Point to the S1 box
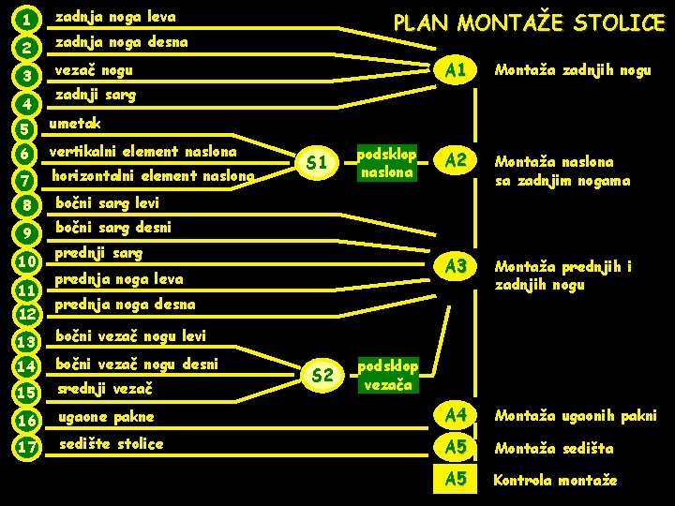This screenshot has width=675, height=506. point(318,163)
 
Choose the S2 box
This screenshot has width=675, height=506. point(322,376)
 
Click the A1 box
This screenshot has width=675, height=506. point(457,70)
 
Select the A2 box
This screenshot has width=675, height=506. point(457,160)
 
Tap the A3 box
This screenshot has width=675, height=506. point(457,266)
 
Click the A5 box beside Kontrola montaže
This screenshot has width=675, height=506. point(457,480)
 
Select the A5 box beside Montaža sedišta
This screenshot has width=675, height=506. point(457,448)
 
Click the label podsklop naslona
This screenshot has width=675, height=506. point(387,162)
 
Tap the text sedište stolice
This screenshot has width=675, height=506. point(111,443)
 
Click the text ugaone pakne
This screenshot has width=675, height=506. point(106,416)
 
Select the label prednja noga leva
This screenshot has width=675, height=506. point(119,278)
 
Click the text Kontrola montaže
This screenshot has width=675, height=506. point(556,480)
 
